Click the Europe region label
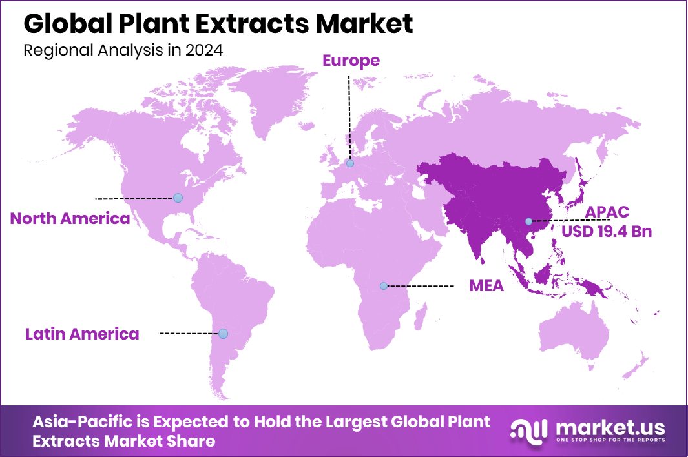click(351, 61)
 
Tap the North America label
click(70, 218)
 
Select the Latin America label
click(82, 334)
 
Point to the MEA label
click(486, 285)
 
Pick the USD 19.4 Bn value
click(607, 231)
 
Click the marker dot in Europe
click(350, 164)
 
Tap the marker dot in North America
click(178, 198)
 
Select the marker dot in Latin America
click(223, 334)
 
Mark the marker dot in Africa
click(384, 285)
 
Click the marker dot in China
click(528, 221)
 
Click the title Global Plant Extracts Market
click(218, 24)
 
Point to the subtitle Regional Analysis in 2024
click(123, 51)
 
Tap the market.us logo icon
click(528, 430)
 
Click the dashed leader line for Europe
click(349, 116)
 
